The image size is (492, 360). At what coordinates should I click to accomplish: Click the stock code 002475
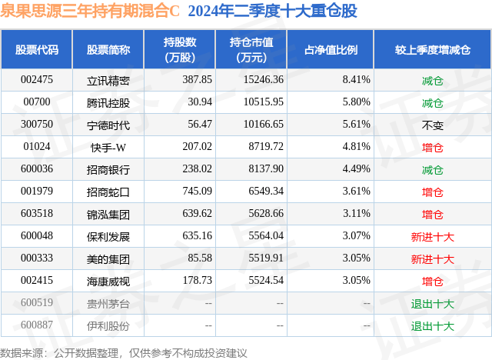click(x=37, y=79)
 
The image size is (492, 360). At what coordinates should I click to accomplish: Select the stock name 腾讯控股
click(x=108, y=102)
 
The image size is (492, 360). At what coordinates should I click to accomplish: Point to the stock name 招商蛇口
click(x=108, y=192)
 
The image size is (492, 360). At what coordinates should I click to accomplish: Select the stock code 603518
click(x=37, y=214)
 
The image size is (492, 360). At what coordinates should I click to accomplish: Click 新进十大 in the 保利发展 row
click(x=432, y=236)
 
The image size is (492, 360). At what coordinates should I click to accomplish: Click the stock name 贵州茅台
click(x=108, y=303)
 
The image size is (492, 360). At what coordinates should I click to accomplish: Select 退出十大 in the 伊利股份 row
click(x=432, y=325)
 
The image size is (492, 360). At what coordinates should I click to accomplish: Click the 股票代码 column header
click(x=37, y=49)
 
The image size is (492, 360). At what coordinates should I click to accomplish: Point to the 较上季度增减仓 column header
click(x=433, y=49)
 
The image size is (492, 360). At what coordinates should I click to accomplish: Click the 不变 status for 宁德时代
click(x=432, y=124)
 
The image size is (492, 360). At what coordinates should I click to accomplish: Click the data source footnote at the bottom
click(x=124, y=352)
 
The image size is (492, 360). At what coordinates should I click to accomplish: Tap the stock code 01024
click(x=37, y=146)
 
